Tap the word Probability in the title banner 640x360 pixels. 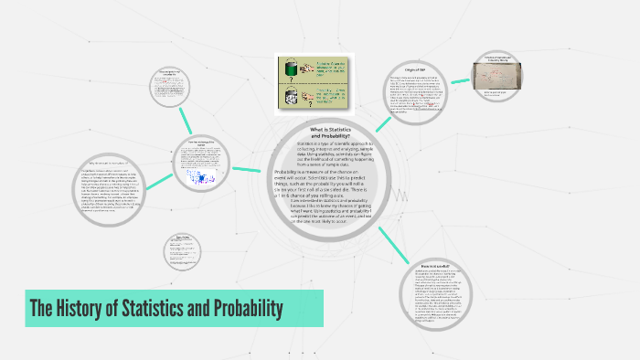242,309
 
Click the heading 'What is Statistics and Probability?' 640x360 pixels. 331,132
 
